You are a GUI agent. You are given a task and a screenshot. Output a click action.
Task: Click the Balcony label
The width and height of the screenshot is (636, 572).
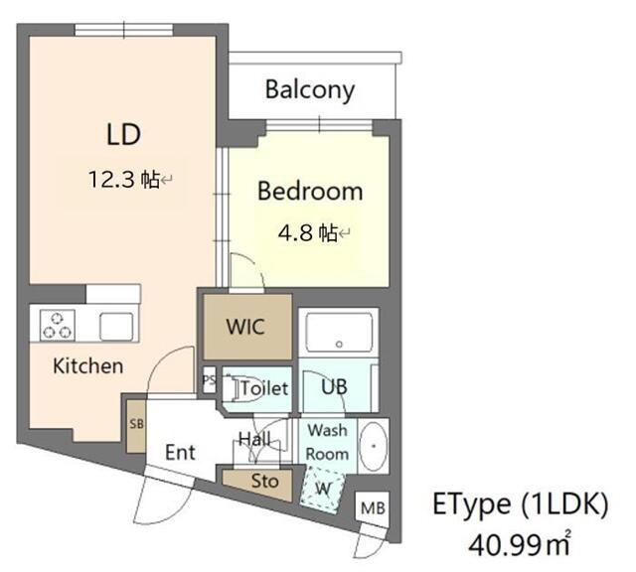[309, 90]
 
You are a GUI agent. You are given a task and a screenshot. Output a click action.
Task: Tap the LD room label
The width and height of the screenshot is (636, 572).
[123, 133]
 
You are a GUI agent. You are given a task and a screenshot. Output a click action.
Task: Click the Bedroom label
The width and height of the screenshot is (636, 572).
[309, 191]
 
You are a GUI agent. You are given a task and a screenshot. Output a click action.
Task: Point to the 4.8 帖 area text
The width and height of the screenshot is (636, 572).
[309, 233]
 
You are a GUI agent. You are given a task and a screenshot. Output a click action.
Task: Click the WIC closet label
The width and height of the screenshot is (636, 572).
[245, 327]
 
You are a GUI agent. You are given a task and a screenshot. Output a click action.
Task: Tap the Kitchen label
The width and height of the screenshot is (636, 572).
[87, 365]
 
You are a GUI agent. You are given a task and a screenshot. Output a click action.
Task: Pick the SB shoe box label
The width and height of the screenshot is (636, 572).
[135, 423]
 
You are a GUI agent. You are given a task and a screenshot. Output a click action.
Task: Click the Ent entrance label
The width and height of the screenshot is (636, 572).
[180, 452]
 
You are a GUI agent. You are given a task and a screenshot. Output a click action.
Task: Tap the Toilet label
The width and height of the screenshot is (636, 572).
[263, 388]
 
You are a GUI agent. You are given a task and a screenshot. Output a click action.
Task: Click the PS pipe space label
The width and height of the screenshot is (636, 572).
[209, 379]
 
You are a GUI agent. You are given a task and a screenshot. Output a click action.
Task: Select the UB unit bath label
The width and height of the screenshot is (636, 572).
[333, 387]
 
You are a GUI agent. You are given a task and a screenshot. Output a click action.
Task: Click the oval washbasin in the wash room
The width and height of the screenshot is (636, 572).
[373, 446]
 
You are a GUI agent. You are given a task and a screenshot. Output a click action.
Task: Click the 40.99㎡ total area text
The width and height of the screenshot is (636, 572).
[522, 543]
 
